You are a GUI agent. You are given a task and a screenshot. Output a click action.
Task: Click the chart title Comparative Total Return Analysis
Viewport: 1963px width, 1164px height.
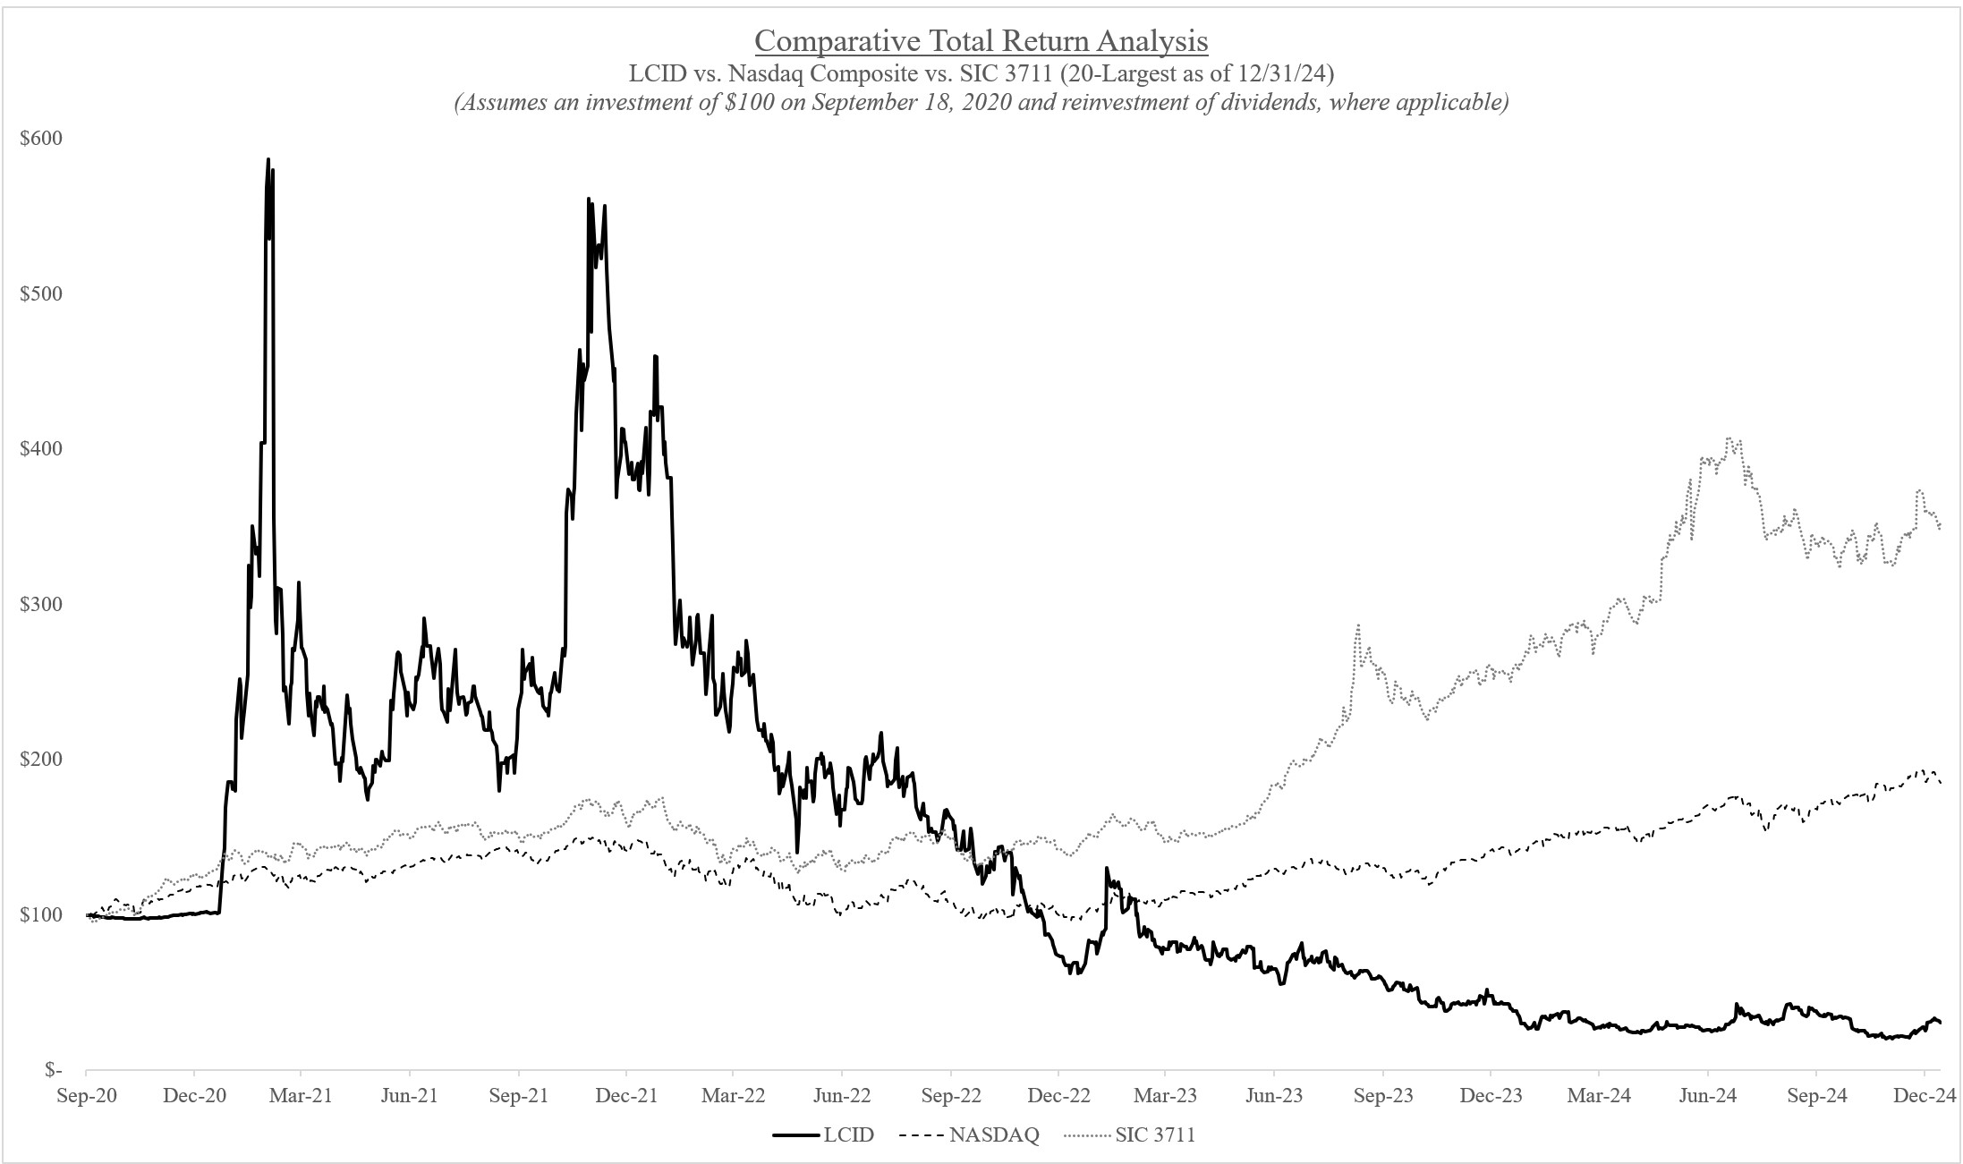point(981,41)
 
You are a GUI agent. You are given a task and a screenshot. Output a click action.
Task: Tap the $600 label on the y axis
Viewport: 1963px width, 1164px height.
point(41,139)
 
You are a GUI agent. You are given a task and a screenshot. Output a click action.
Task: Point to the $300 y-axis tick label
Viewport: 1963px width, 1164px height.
point(41,604)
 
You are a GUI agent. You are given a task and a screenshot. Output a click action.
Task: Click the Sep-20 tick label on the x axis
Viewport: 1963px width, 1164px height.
point(86,1096)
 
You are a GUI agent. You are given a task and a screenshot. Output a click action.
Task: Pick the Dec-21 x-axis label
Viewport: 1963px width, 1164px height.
point(626,1096)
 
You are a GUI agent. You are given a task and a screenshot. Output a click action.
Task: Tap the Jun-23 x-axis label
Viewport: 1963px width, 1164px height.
point(1274,1096)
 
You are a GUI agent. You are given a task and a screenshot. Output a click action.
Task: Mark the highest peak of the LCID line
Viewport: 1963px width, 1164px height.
point(268,160)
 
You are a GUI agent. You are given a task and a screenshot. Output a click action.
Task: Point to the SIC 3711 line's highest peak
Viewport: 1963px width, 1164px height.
point(1730,438)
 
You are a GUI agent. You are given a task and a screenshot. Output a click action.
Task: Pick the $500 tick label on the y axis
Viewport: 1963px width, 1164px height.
point(41,293)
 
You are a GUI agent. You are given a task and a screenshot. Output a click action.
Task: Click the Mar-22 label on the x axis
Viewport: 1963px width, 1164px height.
point(734,1096)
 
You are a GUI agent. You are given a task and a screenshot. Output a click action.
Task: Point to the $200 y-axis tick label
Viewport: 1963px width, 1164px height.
point(41,760)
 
